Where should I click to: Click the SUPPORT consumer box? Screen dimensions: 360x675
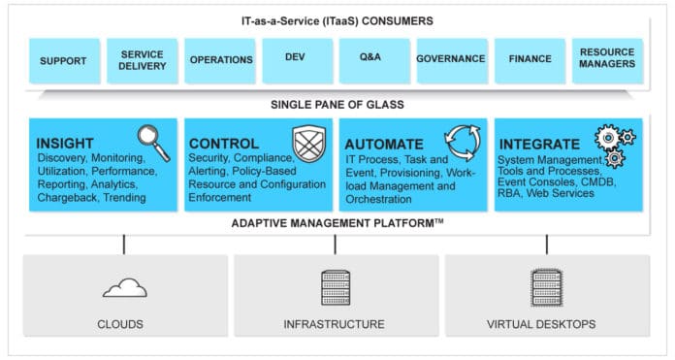[64, 60]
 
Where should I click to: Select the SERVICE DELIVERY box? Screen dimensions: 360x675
[142, 60]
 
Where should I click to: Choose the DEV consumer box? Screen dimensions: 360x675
[297, 60]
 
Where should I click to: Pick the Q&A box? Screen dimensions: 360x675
[373, 60]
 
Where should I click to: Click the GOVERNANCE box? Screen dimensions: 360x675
[451, 60]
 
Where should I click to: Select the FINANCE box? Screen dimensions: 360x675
[530, 60]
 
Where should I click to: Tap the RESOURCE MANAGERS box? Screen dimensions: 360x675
[607, 60]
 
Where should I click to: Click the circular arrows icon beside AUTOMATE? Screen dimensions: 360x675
[463, 141]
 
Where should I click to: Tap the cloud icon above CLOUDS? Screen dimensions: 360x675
[124, 286]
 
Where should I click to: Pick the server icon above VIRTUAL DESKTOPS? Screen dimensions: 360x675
[547, 287]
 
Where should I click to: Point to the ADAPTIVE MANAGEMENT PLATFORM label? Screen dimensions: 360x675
[337, 223]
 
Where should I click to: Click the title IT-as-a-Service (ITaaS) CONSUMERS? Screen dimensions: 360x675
[337, 19]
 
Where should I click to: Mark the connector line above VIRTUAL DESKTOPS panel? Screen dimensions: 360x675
[547, 244]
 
